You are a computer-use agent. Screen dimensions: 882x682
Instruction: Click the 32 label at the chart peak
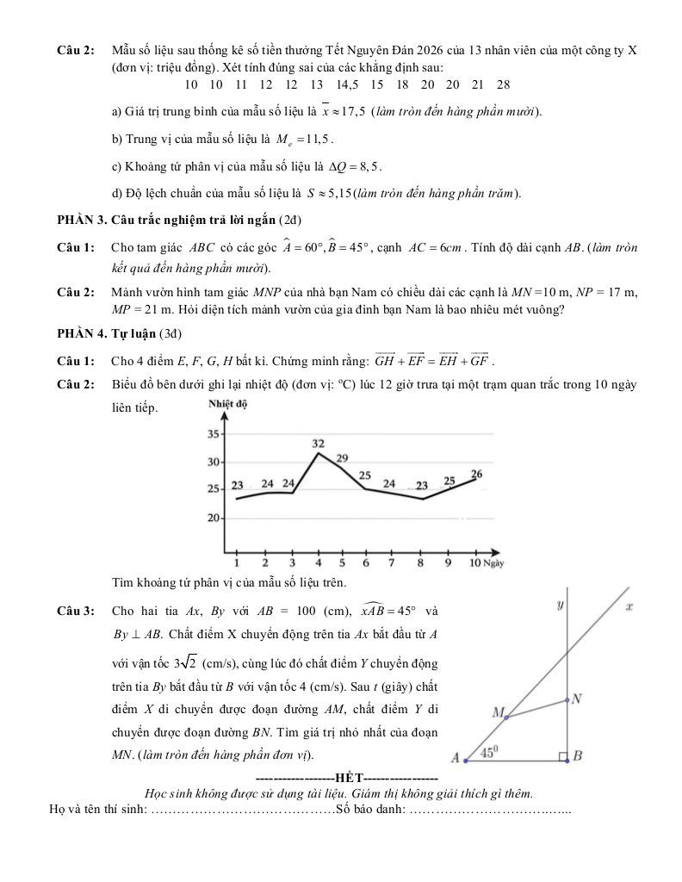pyautogui.click(x=318, y=443)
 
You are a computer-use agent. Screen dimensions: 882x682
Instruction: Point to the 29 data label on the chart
pyautogui.click(x=342, y=458)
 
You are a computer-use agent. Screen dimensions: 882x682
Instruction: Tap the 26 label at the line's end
pyautogui.click(x=476, y=474)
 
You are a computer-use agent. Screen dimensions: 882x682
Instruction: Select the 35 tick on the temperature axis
pyautogui.click(x=214, y=435)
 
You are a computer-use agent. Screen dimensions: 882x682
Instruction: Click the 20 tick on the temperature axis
pyautogui.click(x=214, y=519)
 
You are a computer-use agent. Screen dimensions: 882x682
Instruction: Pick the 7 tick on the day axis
pyautogui.click(x=392, y=562)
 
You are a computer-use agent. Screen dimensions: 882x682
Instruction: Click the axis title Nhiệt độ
pyautogui.click(x=227, y=404)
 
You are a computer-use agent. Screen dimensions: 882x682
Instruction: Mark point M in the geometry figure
pyautogui.click(x=498, y=712)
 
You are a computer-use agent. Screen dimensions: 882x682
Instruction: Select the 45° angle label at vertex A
pyautogui.click(x=490, y=752)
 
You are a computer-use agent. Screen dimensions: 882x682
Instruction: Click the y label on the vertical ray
pyautogui.click(x=561, y=606)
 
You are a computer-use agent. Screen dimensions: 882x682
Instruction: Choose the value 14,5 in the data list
pyautogui.click(x=348, y=84)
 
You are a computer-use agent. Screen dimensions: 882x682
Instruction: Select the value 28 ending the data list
pyautogui.click(x=503, y=84)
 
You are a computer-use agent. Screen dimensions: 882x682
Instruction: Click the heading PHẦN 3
pyautogui.click(x=83, y=220)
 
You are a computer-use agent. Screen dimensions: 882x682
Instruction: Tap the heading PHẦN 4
pyautogui.click(x=83, y=333)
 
